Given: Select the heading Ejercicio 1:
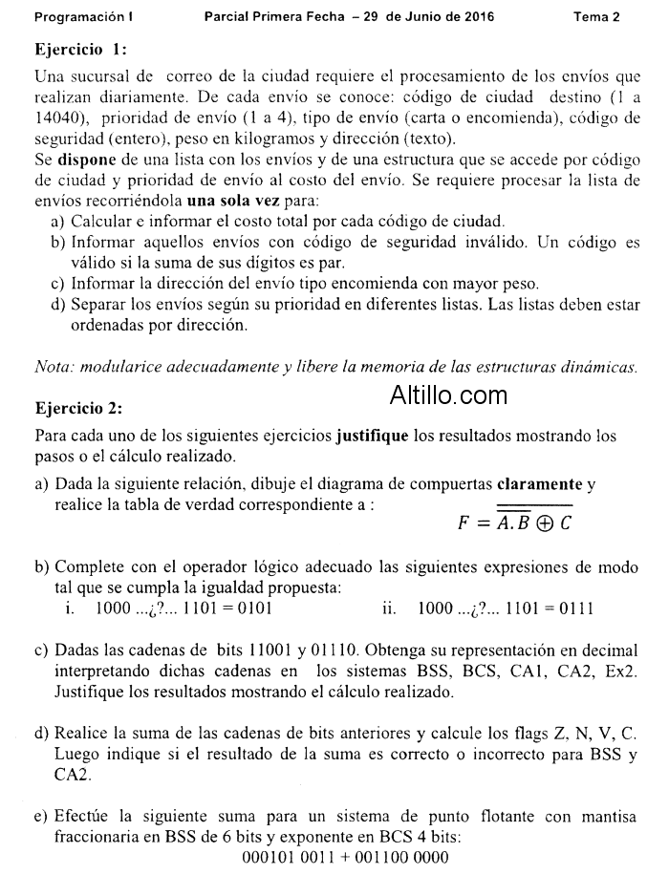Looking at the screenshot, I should point(80,49).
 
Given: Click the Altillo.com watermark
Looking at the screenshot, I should point(448,395).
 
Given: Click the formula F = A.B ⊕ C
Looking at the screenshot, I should point(515,523).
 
